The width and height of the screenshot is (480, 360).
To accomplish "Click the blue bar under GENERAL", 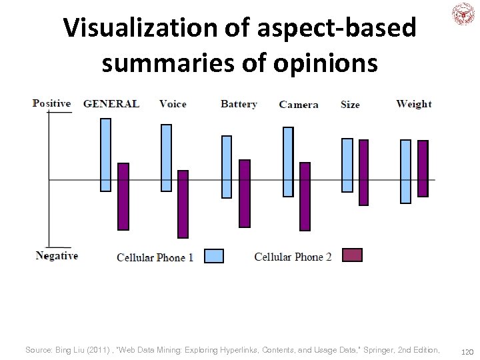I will [105, 155].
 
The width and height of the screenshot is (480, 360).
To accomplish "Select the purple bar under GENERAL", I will [123, 197].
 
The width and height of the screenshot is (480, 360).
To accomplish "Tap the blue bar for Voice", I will [166, 158].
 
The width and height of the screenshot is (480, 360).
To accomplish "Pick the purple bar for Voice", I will [183, 204].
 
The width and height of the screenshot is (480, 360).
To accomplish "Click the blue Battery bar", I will [227, 167].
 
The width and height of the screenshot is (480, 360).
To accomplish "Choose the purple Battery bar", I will [245, 193].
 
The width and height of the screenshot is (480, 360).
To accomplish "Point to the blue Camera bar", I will [288, 162].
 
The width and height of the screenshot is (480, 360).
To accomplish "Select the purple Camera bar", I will [305, 197].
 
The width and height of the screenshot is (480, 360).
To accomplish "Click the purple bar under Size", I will [363, 172].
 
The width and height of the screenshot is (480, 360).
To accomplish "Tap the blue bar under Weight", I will [405, 171].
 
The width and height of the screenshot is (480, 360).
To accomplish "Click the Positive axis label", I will [51, 103].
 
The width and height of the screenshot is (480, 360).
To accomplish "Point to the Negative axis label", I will [57, 256].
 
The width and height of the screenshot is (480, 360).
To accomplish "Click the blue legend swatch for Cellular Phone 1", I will [213, 256].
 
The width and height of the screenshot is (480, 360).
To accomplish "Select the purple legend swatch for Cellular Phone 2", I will [352, 255].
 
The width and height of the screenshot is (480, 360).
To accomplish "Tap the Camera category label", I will [299, 105].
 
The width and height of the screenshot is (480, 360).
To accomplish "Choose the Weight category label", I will [413, 104].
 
